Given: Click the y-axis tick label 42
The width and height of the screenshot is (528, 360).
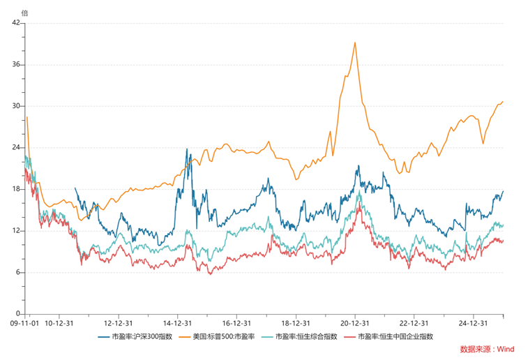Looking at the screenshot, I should [x=17, y=23].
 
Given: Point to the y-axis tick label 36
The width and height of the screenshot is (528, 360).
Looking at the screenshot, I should [x=17, y=65].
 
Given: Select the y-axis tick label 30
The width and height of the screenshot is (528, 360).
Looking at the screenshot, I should [x=17, y=106].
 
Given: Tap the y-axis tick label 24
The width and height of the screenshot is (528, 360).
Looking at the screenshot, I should [x=17, y=148].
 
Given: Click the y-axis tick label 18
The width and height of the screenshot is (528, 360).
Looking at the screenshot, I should [x=17, y=189].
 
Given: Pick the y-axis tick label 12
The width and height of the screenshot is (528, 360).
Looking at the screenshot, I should [x=17, y=231].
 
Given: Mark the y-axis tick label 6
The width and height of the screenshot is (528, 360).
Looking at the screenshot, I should [x=20, y=272].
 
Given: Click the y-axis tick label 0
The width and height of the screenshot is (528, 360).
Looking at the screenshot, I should [x=20, y=314].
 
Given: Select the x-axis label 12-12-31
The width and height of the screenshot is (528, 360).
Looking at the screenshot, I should [x=118, y=323].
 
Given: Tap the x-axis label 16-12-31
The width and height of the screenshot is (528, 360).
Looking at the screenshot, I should [x=236, y=323].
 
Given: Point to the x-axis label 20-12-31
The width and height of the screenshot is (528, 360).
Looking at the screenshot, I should [x=354, y=323].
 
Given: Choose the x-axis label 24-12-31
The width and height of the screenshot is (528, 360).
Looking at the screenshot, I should [x=473, y=323].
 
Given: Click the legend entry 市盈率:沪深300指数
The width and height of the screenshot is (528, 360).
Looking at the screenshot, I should [x=142, y=336].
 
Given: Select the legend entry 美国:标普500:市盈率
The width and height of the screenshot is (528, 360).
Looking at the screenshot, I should [x=226, y=336].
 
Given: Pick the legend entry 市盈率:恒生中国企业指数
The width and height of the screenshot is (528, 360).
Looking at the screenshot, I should [x=395, y=336].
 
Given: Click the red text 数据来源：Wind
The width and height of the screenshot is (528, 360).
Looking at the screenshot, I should [x=487, y=349].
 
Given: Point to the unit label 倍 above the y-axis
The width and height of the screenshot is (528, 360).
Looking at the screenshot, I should [x=25, y=13].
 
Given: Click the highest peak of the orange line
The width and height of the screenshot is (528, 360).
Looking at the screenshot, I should [x=356, y=42].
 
